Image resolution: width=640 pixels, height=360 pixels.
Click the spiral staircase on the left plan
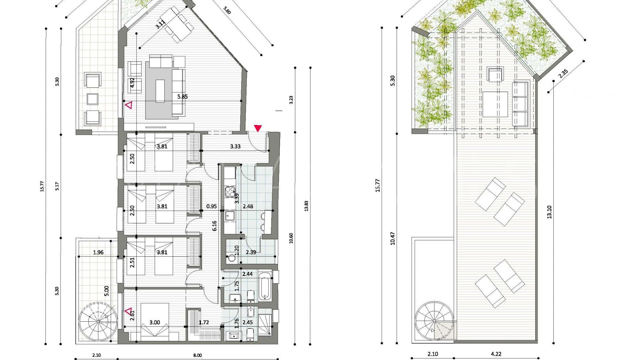(x=98, y=321)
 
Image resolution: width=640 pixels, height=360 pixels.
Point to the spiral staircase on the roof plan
(x=435, y=321)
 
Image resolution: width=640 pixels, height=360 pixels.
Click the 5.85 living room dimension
(x=182, y=97)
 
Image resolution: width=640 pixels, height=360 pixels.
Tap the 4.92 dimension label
(x=132, y=83)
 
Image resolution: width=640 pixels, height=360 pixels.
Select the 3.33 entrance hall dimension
(x=235, y=146)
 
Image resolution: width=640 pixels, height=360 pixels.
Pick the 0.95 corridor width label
(x=211, y=206)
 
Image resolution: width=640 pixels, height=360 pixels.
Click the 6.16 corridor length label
(x=215, y=226)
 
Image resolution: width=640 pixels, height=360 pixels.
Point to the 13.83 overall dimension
(x=306, y=206)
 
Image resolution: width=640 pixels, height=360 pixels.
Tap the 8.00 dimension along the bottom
(x=197, y=355)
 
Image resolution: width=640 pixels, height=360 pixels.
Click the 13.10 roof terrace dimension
(x=549, y=212)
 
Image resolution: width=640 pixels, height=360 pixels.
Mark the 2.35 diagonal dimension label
(x=563, y=73)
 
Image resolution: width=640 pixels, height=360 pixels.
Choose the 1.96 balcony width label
(x=98, y=252)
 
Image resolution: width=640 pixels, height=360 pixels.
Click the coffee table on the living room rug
(x=160, y=91)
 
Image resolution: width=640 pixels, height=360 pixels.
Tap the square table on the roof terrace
(x=495, y=104)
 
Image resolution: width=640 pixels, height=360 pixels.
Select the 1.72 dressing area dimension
(x=204, y=322)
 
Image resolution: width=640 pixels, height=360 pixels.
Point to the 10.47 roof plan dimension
(x=392, y=239)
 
